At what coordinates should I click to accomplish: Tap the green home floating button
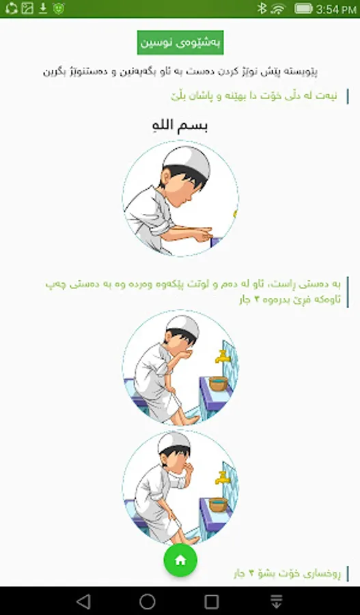point(180,560)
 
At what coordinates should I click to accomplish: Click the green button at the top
point(180,43)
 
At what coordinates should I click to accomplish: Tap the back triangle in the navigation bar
point(83,601)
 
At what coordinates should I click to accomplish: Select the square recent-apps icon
point(212,601)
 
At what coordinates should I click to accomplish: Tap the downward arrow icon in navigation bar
point(277,601)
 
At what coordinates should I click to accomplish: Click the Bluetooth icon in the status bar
point(262,9)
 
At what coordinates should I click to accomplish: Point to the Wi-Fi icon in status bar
point(278,9)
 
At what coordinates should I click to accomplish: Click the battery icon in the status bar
point(303,9)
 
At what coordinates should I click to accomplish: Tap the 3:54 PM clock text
point(336,9)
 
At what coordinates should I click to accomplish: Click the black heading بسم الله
point(180,126)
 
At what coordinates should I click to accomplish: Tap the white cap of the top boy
point(186,160)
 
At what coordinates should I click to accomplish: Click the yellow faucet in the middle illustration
point(222,357)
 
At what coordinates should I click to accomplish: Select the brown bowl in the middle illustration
point(219,383)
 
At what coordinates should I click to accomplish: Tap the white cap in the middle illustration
point(183,326)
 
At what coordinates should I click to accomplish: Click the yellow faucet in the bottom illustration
point(222,478)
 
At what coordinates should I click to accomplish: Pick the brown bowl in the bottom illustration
point(219,504)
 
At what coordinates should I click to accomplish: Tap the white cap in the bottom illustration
point(174,442)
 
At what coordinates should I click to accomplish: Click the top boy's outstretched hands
point(202,234)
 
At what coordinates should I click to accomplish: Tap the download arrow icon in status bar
point(42,8)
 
